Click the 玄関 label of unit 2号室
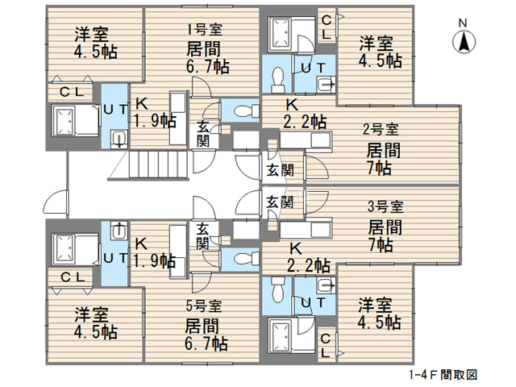click(279, 169)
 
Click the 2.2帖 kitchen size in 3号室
click(307, 264)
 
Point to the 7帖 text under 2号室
click(379, 169)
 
